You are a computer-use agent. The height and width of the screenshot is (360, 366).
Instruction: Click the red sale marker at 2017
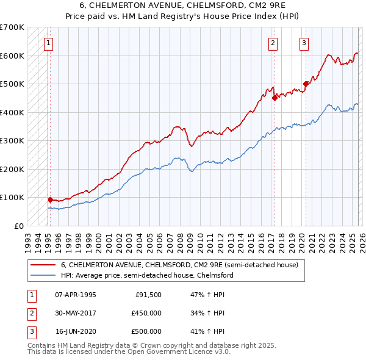(x=274, y=97)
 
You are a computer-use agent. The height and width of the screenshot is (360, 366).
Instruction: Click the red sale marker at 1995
(x=50, y=199)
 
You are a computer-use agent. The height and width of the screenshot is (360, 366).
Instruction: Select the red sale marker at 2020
(x=306, y=84)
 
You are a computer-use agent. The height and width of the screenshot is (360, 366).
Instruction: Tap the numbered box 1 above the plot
(x=48, y=43)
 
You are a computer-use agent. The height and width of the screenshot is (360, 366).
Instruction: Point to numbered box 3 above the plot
(x=304, y=43)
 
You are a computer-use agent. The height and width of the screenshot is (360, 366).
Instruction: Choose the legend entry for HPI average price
(x=146, y=275)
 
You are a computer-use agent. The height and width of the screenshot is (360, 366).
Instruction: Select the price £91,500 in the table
(x=148, y=295)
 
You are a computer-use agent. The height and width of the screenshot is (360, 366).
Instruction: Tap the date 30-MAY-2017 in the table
(x=76, y=313)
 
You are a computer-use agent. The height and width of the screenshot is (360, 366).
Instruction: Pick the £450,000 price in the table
(x=146, y=313)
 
